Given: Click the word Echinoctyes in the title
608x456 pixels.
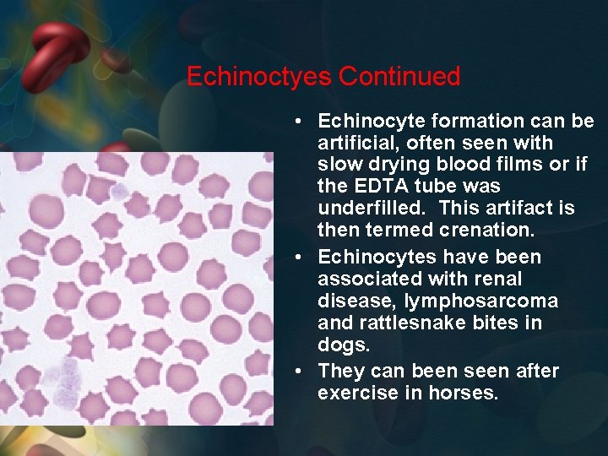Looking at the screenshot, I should (x=259, y=77).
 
